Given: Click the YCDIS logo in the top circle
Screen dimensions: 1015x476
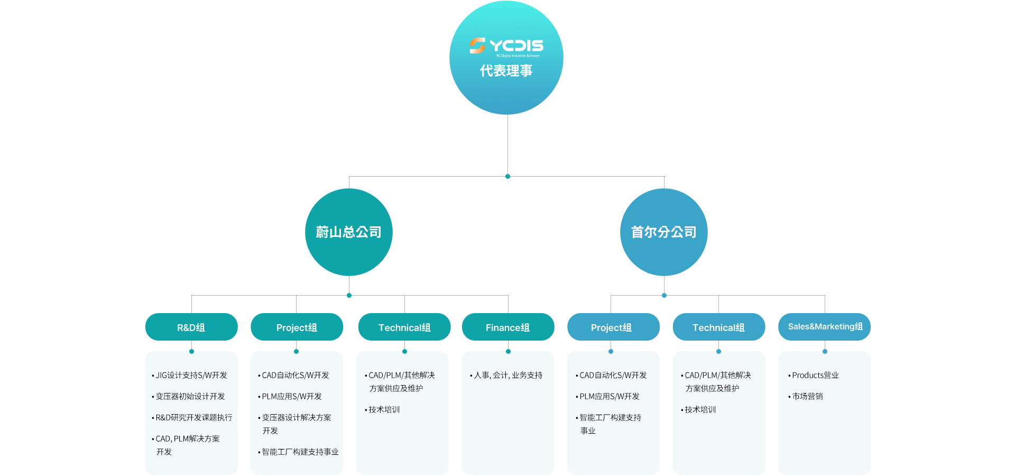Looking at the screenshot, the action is (x=506, y=47).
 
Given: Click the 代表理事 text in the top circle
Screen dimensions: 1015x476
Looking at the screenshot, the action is (x=506, y=70).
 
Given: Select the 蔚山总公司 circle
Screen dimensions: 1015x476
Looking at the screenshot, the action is (x=349, y=232).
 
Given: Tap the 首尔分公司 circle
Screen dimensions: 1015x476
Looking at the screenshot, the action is (x=664, y=232).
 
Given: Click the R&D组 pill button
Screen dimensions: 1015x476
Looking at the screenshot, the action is (x=191, y=327).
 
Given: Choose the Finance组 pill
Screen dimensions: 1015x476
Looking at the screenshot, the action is (x=508, y=327).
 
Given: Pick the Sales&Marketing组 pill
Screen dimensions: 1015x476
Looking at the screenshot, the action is (x=825, y=327).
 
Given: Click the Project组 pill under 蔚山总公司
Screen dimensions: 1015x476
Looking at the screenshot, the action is (x=297, y=327).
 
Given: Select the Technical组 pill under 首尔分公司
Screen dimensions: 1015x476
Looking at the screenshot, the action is (x=719, y=327).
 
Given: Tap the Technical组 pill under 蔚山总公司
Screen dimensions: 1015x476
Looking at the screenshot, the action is (x=404, y=327).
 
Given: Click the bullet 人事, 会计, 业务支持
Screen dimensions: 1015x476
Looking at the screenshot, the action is (x=506, y=375).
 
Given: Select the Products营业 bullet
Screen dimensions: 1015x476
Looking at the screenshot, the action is (x=814, y=375).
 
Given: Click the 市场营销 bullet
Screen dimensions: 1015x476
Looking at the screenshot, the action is (x=806, y=396).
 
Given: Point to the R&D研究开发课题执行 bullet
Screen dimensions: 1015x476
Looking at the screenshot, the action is (x=192, y=417).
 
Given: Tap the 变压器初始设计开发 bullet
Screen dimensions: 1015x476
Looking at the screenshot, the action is (x=188, y=396).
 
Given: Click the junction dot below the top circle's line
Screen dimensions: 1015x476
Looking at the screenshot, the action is (x=508, y=176).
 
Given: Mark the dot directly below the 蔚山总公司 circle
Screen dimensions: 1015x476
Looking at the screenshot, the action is (x=349, y=295).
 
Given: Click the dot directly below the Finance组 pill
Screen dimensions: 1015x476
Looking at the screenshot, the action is (x=508, y=351).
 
